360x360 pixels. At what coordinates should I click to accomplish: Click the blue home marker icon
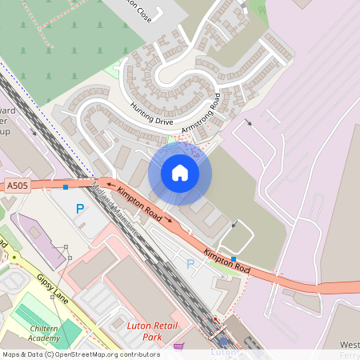click(x=180, y=173)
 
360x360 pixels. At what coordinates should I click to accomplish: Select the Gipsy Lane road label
click(x=51, y=290)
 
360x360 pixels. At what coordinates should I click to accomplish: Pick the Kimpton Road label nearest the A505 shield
click(x=139, y=203)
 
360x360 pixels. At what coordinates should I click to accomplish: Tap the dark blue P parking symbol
click(x=79, y=209)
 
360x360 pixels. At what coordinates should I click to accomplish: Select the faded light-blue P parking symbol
click(x=190, y=263)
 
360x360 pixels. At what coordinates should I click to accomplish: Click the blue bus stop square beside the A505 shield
click(x=66, y=186)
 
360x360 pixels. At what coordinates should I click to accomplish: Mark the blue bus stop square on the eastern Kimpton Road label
click(x=234, y=258)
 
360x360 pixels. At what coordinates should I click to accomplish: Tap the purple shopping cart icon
click(x=178, y=346)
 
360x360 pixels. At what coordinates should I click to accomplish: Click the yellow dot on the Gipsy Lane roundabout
click(x=14, y=257)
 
